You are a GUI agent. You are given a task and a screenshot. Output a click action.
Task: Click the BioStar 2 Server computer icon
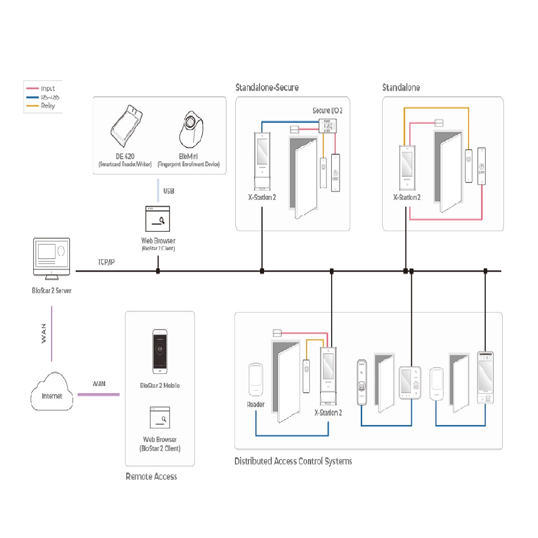pyautogui.click(x=52, y=258)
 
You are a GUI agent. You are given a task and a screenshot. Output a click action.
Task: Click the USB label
pyautogui.click(x=169, y=191)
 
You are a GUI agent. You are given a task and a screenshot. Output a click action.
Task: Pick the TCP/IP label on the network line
pyautogui.click(x=106, y=262)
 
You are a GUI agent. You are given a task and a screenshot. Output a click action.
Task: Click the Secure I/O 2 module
pyautogui.click(x=327, y=126)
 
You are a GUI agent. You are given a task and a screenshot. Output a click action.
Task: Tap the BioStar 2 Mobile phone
pyautogui.click(x=160, y=351)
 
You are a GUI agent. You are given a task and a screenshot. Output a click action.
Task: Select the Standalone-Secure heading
pyautogui.click(x=267, y=87)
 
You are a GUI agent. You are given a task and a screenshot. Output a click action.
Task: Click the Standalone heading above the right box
pyautogui.click(x=401, y=87)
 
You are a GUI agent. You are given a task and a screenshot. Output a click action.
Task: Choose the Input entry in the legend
pyautogui.click(x=48, y=88)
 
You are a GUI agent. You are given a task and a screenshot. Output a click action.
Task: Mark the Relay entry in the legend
pyautogui.click(x=48, y=106)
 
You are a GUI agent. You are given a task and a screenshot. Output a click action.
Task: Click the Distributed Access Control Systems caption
pyautogui.click(x=293, y=461)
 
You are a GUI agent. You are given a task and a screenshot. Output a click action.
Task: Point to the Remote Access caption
pyautogui.click(x=151, y=476)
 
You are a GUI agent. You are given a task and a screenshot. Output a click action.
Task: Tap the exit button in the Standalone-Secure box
pyautogui.click(x=335, y=173)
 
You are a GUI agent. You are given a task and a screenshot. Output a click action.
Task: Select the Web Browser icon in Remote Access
pyautogui.click(x=160, y=417)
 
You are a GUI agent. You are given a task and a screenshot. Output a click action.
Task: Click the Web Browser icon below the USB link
pyautogui.click(x=158, y=219)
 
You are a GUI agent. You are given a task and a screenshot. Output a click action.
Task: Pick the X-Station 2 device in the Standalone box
pyautogui.click(x=407, y=167)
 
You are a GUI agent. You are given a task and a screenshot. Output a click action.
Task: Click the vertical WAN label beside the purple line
pyautogui.click(x=43, y=334)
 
